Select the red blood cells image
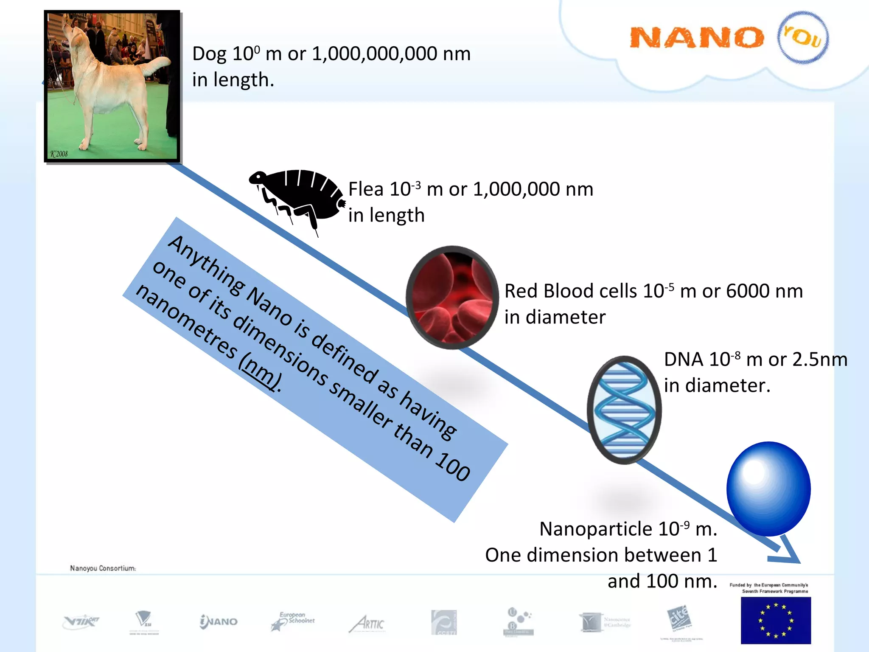tap(452, 297)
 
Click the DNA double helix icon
tap(624, 410)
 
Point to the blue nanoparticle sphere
tap(768, 488)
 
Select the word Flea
tap(366, 189)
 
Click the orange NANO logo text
tap(696, 38)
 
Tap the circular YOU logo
tap(802, 37)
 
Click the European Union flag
tap(775, 620)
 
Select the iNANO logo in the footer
tap(219, 621)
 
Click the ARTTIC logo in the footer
tap(367, 623)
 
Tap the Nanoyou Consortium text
tap(103, 568)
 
